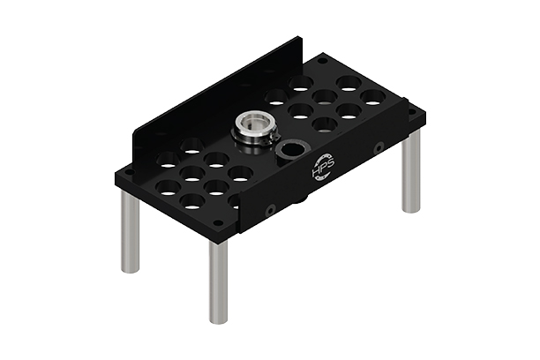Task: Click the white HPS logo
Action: tap(319, 169)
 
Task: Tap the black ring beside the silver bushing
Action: tap(289, 151)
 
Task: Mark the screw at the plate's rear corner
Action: tap(324, 60)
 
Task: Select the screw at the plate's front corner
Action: tap(218, 223)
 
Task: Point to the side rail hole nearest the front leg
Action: tap(271, 209)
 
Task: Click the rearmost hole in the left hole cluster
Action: tap(192, 145)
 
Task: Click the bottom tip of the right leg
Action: tap(411, 210)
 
